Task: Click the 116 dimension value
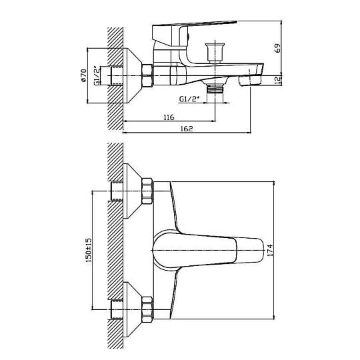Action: click(169, 117)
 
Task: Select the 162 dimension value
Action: click(187, 129)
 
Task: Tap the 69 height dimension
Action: click(277, 48)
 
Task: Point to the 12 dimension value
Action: click(277, 80)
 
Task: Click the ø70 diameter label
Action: click(83, 75)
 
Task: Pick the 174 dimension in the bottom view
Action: click(270, 250)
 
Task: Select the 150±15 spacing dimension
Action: click(89, 250)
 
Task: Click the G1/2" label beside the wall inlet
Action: click(97, 76)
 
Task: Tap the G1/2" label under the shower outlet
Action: click(189, 99)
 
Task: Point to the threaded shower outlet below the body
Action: click(215, 89)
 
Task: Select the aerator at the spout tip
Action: click(250, 81)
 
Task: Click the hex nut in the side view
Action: click(147, 76)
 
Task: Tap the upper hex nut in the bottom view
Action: click(147, 191)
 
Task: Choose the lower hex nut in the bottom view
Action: click(147, 309)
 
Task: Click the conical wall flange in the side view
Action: click(133, 75)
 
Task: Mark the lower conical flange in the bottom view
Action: click(133, 309)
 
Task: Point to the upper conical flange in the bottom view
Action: click(133, 191)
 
